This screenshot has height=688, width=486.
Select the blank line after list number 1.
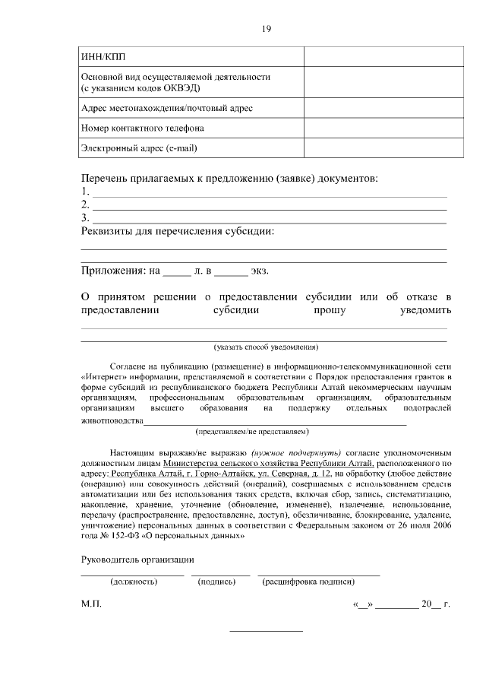point(269,192)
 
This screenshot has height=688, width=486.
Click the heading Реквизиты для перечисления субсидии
point(178,231)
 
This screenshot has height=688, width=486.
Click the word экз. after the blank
point(260,270)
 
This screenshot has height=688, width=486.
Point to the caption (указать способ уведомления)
point(266,347)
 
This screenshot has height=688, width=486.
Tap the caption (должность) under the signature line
point(134,582)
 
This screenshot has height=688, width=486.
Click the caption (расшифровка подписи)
point(308,582)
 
